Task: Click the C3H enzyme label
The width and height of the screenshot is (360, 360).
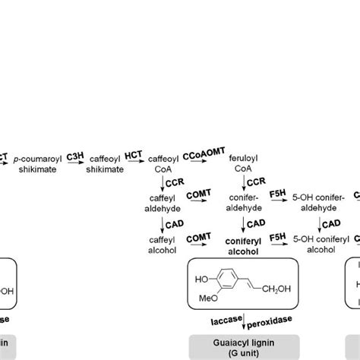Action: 75,155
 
